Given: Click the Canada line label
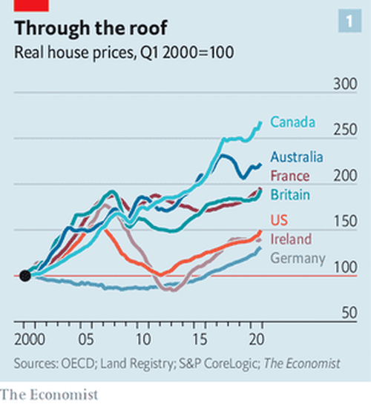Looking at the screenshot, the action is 292,122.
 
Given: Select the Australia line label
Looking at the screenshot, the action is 297,157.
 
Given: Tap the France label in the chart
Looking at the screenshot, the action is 290,176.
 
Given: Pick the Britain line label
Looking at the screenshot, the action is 290,195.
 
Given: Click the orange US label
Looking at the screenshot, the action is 279,220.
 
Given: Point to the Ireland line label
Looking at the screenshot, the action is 291,239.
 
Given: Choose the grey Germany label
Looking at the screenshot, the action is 298,259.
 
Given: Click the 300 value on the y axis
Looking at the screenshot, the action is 345,84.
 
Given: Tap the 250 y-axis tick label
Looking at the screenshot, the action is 345,130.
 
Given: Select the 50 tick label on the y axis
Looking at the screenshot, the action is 349,313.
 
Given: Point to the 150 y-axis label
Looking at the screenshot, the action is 346,221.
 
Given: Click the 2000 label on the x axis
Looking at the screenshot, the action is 30,340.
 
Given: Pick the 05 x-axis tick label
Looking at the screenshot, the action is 86,340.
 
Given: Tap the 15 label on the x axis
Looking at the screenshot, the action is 200,340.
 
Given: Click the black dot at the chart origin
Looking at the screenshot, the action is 25,276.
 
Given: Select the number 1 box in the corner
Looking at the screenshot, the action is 350,21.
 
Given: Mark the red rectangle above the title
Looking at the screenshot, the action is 31,6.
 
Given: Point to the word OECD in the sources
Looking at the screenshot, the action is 78,363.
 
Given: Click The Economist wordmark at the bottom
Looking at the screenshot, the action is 49,395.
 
